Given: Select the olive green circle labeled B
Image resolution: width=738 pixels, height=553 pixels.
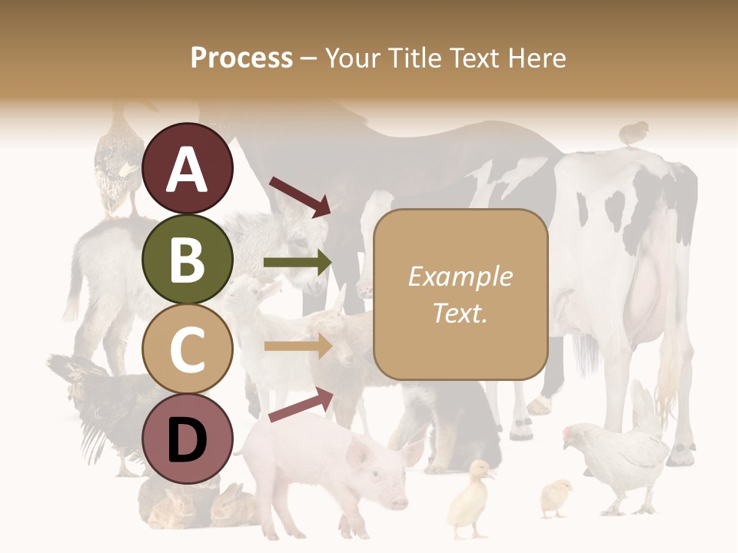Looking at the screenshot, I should point(188,259).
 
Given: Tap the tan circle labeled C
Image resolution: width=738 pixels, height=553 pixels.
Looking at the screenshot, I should point(188,349).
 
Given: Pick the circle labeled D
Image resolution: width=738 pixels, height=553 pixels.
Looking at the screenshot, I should point(188,439).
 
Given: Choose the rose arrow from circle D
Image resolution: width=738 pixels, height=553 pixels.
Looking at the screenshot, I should point(301,405).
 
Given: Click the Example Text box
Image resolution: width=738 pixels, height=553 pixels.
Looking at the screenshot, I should point(460,294).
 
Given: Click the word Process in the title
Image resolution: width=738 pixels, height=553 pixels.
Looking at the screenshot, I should point(241,58).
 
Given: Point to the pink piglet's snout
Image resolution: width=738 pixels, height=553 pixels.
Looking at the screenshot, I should point(397,502).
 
